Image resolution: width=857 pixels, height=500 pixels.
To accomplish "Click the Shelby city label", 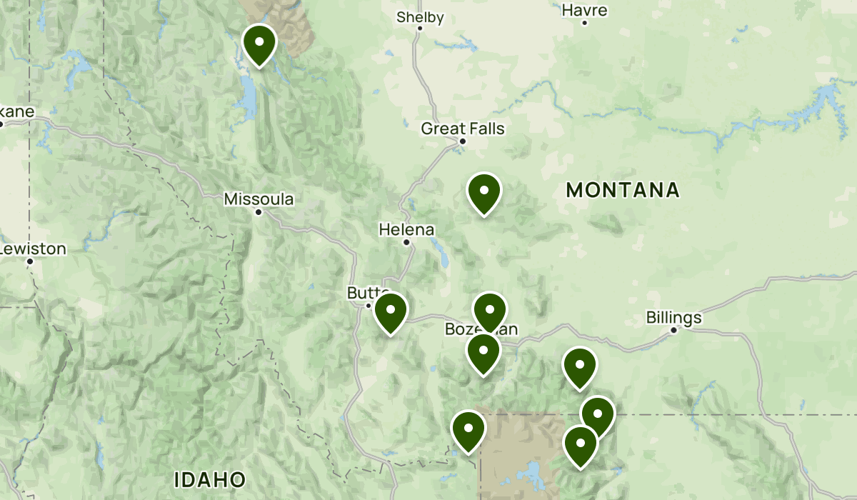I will point(420,17).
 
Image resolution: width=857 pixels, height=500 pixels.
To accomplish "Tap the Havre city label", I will point(584,10).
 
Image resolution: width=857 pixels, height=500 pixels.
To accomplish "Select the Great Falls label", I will point(463,129).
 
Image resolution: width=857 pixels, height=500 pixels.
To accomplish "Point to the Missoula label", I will point(259,199).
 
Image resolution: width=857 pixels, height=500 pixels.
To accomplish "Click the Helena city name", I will point(406,229).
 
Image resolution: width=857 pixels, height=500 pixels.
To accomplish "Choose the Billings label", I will point(673,317).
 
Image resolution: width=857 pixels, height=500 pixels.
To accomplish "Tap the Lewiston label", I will point(34,249).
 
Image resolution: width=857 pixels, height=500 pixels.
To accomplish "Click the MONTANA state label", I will point(622,190).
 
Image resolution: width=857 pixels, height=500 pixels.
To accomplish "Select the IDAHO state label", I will point(210,479).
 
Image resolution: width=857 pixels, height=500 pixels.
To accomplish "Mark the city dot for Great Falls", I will point(462,141).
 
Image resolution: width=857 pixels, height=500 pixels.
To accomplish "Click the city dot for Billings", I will point(673,330).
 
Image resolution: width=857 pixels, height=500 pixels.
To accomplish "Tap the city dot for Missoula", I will point(259,211).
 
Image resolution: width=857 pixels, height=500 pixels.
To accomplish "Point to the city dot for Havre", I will point(584,23).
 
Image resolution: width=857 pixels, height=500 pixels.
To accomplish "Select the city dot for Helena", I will point(406,242).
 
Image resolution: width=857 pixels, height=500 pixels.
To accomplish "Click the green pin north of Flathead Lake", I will point(259,44).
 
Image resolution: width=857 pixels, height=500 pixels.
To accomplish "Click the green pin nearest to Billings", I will point(579,367).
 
